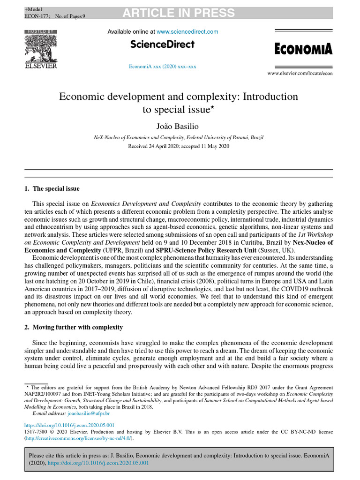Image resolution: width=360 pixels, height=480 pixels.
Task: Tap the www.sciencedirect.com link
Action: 187,31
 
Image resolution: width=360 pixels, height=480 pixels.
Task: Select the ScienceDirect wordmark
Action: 163,45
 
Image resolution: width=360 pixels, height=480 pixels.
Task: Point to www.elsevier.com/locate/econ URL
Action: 300,74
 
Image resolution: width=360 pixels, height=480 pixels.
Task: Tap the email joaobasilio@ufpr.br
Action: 89,413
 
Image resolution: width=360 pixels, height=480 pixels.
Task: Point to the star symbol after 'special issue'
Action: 211,108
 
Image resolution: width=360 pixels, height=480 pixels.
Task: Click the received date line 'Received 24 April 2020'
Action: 178,146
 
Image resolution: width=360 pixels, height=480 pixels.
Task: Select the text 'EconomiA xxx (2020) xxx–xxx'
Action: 163,67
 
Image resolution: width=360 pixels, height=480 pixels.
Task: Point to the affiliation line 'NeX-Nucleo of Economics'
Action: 178,137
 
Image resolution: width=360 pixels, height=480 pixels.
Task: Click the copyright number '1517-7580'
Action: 36,431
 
